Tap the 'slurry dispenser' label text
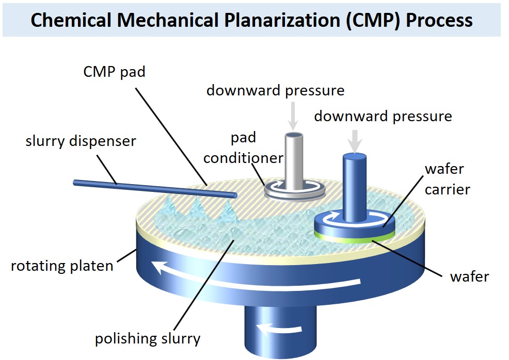pos(81,140)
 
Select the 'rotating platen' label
pos(62,266)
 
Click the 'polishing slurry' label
pos(148,339)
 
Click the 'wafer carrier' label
pos(447,179)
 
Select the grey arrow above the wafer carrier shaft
pos(355,139)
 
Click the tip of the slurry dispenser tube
pos(234,195)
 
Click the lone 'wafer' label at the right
pos(469,276)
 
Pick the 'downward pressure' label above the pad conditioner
pos(275,90)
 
